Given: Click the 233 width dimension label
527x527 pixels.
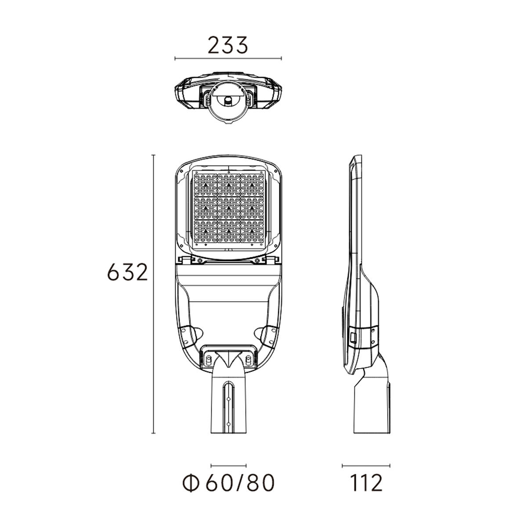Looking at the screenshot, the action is (x=228, y=45).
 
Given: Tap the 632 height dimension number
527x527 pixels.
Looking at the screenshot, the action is (x=127, y=272).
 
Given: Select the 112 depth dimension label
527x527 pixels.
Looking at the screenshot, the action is (x=366, y=483).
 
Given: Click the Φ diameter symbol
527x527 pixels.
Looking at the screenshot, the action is (x=190, y=483).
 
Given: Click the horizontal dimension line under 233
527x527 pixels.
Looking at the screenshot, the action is (x=228, y=58).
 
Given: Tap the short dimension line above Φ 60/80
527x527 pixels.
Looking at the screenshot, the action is (x=229, y=466).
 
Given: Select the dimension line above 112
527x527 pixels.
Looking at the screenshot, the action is (x=366, y=466).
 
